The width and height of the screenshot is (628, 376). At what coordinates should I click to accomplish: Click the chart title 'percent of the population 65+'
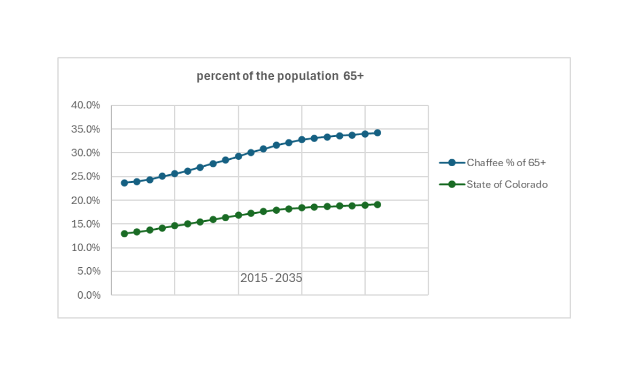[x=280, y=76]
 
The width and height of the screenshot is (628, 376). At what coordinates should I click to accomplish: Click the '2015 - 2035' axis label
[x=271, y=279]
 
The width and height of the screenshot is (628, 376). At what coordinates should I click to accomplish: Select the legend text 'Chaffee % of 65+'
[x=506, y=163]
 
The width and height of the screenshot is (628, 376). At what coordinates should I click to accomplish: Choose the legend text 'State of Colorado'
[x=507, y=185]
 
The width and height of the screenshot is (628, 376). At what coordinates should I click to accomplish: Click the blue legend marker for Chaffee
[x=452, y=163]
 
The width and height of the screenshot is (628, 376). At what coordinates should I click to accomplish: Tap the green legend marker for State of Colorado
[x=452, y=185]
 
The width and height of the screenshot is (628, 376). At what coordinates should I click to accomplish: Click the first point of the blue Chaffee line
[x=124, y=183]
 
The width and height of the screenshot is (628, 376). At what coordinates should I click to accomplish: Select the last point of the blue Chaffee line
[x=378, y=133]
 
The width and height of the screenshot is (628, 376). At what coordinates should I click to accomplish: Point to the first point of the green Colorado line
[x=124, y=234]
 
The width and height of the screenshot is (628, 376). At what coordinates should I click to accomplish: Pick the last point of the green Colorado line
[x=378, y=205]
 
